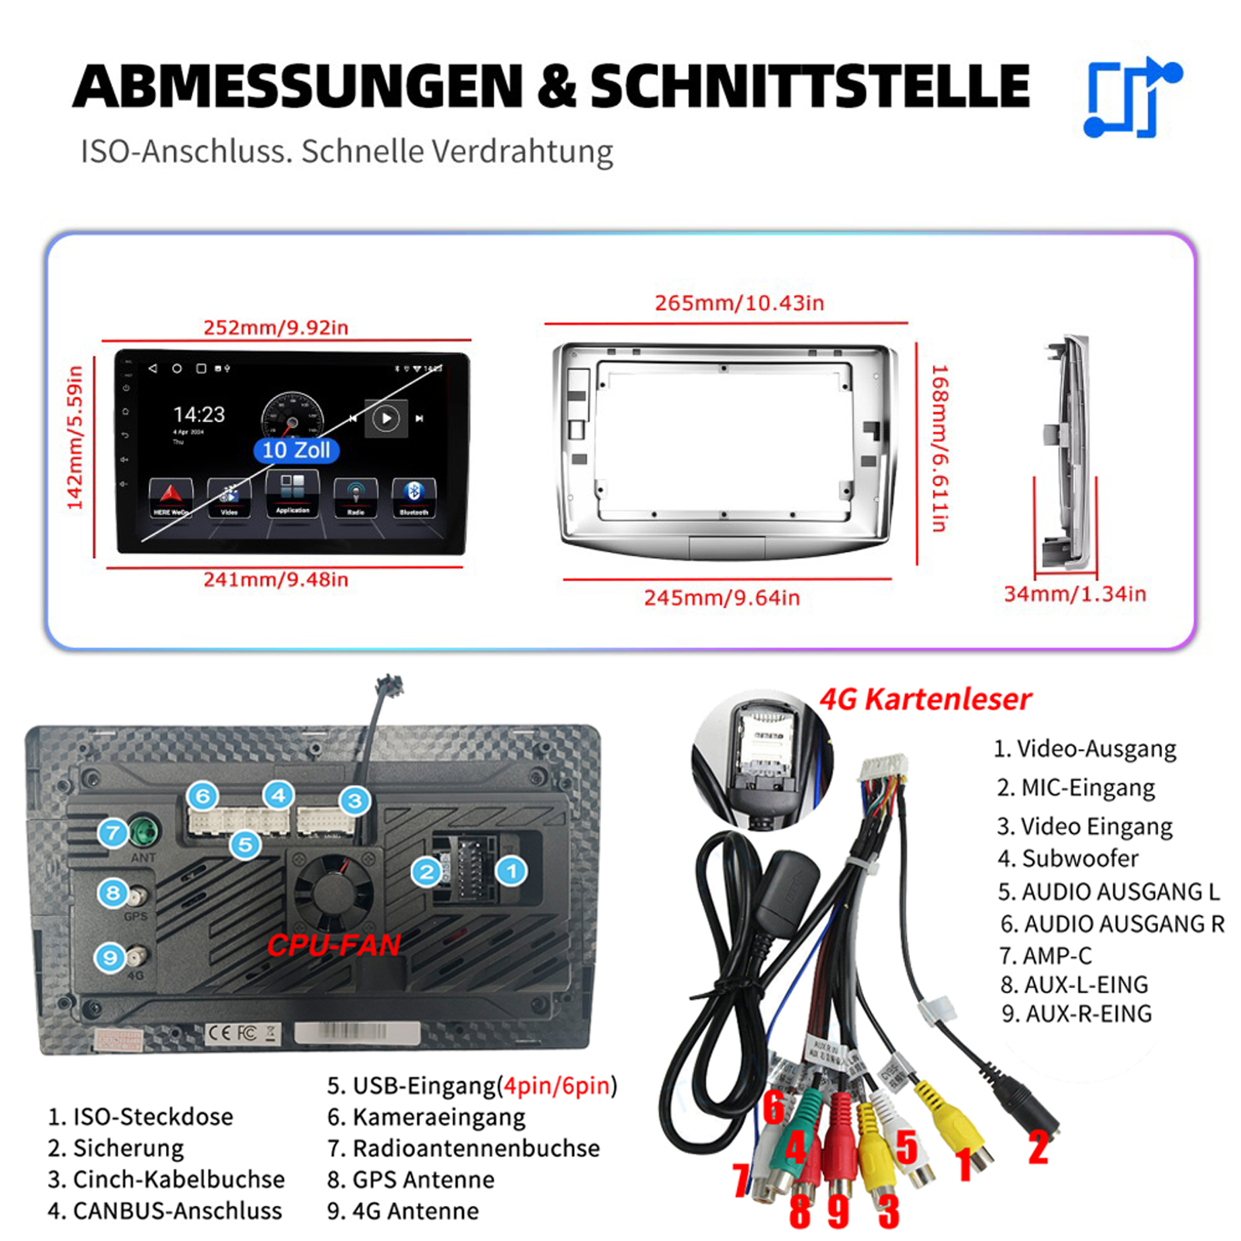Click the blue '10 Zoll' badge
[x=296, y=450]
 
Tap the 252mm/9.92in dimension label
[x=275, y=327]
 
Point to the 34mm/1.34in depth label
[x=1074, y=594]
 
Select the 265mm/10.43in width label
[x=739, y=302]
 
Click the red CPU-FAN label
[x=334, y=945]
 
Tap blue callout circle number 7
[x=113, y=833]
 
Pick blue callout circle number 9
[x=110, y=958]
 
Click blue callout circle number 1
[x=511, y=871]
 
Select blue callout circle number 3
[x=354, y=800]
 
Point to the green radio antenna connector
[x=143, y=832]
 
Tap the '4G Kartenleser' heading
[x=925, y=700]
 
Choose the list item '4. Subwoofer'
[x=1067, y=859]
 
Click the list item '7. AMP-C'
[x=1045, y=956]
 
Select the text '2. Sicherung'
[x=116, y=1148]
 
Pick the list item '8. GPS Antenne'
[x=410, y=1180]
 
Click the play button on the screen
[x=385, y=419]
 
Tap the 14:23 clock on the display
[x=199, y=414]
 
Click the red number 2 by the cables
[x=1039, y=1147]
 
